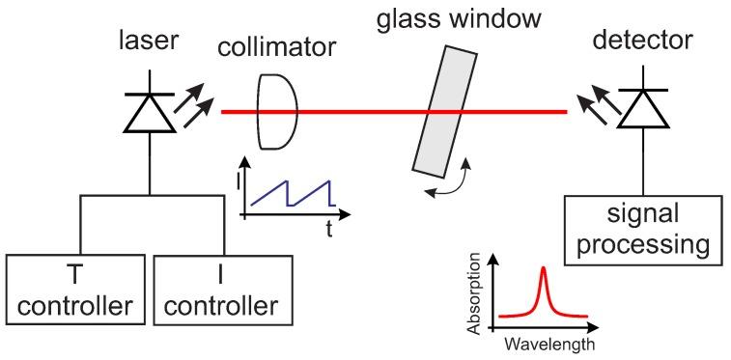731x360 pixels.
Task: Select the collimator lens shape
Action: pos(273,112)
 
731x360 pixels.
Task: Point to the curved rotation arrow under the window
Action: pos(452,182)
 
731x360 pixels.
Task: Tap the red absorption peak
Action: pos(543,290)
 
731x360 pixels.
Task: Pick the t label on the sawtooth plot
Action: pos(329,229)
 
